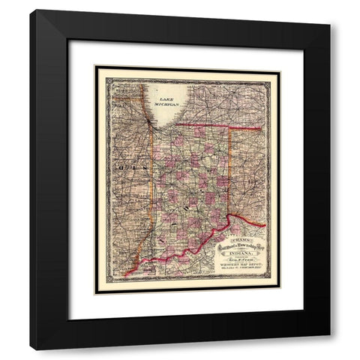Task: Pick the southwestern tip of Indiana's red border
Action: [x=127, y=275]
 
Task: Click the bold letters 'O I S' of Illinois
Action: [x=120, y=169]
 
